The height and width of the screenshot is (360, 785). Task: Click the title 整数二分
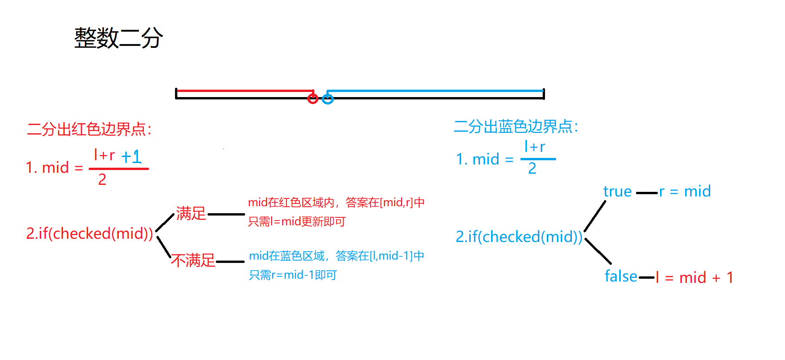coord(118,38)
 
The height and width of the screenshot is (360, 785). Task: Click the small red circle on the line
coord(313,98)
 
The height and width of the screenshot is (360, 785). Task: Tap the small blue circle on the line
coord(328,98)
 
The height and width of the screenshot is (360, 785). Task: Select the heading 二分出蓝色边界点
coord(516,126)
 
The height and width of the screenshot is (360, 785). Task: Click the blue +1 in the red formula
coord(131,157)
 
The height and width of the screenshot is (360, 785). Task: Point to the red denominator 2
coord(102,179)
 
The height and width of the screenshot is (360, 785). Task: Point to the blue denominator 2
coord(532,168)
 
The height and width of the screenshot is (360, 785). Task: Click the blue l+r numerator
coord(534,147)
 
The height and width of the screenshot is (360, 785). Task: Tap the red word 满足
coord(191,213)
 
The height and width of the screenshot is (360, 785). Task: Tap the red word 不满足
coord(193,260)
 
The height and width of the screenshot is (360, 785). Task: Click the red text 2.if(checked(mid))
coord(90,233)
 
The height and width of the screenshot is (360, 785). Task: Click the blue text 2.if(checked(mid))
coord(519,237)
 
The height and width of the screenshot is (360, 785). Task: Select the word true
coord(617,191)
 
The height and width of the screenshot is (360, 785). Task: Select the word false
coord(621,276)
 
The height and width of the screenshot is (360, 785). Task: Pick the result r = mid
coord(685,191)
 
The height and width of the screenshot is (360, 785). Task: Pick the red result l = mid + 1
coord(694,278)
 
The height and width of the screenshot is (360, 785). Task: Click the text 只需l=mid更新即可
coord(297,222)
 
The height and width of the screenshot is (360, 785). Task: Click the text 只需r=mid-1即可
coord(293,275)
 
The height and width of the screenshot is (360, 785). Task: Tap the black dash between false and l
coord(647,278)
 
